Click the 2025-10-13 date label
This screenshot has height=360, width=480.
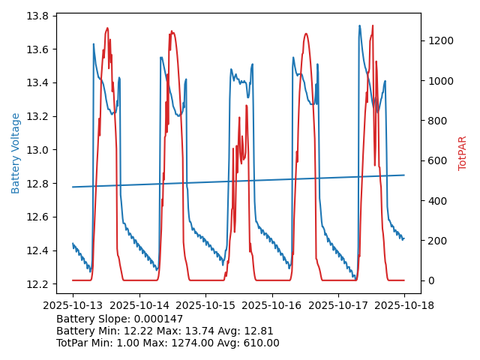pyautogui.click(x=73, y=306)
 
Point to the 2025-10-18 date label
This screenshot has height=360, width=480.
pyautogui.click(x=405, y=306)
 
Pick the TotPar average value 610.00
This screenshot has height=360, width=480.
pyautogui.click(x=259, y=343)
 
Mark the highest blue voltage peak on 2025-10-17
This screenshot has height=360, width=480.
pyautogui.click(x=359, y=25)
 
